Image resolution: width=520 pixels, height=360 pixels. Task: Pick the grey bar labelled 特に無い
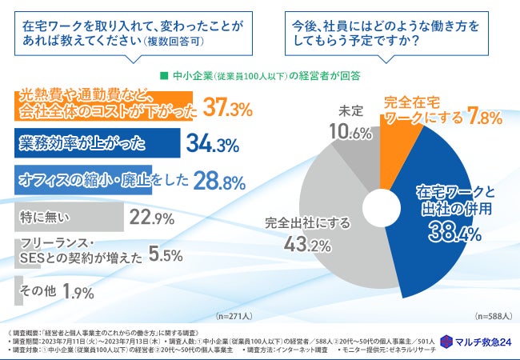(68, 217)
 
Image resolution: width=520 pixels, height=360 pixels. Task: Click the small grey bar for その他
(18, 291)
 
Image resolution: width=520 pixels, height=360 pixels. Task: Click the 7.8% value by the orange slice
(485, 118)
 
